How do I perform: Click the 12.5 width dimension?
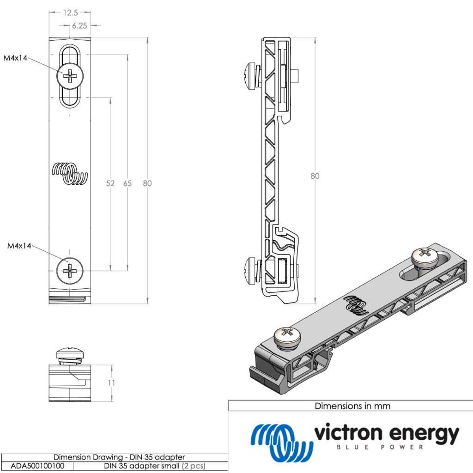coord(71,13)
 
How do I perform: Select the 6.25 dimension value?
coord(79,26)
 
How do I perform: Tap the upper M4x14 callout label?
coord(16,58)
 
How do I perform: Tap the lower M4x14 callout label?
coord(19,246)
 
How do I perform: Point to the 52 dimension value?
coord(110,183)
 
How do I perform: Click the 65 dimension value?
coord(127,183)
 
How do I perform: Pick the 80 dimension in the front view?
coord(147,183)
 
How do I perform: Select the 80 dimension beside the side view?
coord(315,176)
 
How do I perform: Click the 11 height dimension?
coord(112,383)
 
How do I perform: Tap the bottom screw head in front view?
coord(70,270)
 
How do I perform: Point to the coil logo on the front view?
coord(70,174)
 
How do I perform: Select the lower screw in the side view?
coord(252,269)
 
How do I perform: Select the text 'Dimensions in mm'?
coord(352,406)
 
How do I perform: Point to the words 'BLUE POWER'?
coord(380,447)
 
